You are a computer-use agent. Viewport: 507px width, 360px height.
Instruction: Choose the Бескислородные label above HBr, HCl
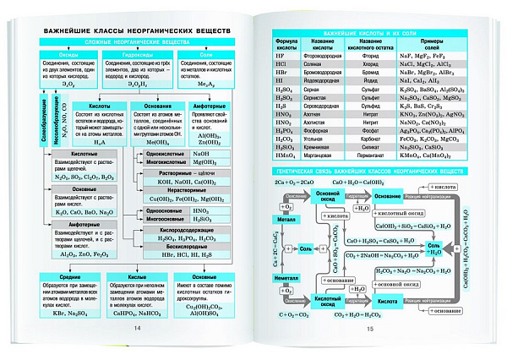187,246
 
